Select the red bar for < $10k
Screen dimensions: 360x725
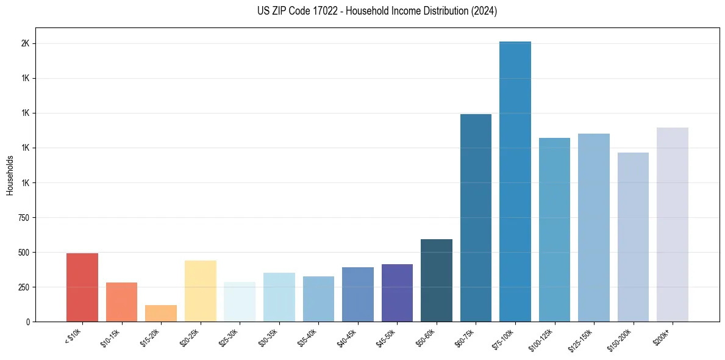82,287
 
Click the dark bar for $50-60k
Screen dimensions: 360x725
437,281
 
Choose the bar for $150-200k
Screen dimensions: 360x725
633,237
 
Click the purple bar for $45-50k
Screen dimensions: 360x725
397,293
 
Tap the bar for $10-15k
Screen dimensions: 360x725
121,302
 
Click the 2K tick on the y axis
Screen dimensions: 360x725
25,44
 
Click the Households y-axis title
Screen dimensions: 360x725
10,175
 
